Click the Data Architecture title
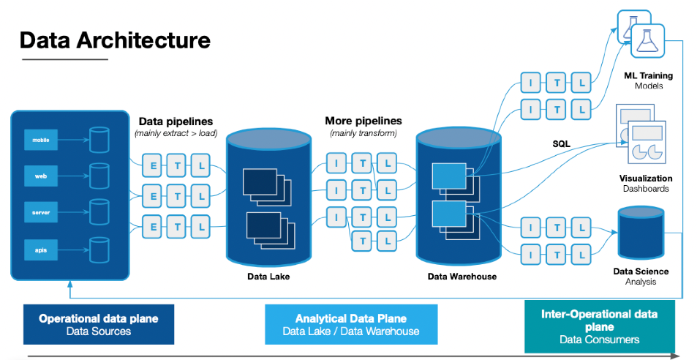(x=115, y=40)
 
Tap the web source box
(x=40, y=176)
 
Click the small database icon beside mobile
(x=98, y=139)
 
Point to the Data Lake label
(x=268, y=277)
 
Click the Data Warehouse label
(x=461, y=277)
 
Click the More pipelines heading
(x=363, y=121)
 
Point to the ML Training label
(x=648, y=75)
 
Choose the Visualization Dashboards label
(x=645, y=183)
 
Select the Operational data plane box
(x=98, y=324)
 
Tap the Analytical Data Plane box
(x=350, y=324)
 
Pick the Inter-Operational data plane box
(x=599, y=326)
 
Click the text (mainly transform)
(x=363, y=133)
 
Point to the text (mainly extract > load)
(x=176, y=133)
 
